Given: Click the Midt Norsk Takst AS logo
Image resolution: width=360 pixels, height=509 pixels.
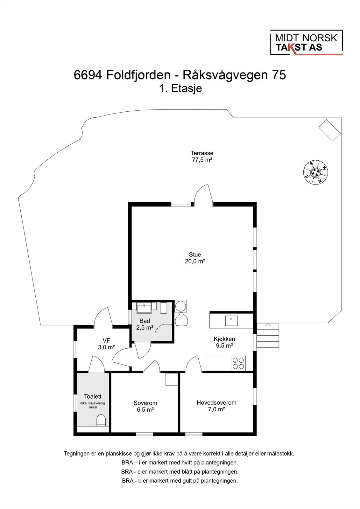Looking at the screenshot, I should [306, 43].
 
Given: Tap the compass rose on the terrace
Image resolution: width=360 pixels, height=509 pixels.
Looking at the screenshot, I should [315, 172].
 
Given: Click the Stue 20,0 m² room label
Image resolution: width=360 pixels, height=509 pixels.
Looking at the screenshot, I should [195, 258].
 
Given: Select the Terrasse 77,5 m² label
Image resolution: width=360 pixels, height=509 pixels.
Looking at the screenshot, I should [202, 156].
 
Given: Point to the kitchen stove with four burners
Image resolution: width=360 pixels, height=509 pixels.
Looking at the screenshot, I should [238, 363].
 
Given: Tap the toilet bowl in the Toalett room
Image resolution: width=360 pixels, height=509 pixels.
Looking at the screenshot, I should [101, 420].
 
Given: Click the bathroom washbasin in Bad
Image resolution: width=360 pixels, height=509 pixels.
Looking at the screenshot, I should [145, 308].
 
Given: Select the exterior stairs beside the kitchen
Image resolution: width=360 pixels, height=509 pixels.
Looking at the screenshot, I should [268, 336].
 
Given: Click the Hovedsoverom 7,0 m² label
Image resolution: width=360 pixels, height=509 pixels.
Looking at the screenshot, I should [216, 406].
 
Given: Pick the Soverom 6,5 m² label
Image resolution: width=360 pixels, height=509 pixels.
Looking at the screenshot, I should [145, 406].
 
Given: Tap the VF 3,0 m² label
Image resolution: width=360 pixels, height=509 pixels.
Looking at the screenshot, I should [106, 344].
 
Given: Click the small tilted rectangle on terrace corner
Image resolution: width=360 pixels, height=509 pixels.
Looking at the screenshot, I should [330, 129].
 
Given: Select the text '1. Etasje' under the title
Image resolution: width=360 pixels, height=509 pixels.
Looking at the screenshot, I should [180, 88].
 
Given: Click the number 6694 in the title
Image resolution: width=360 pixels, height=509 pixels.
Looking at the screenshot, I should [88, 75].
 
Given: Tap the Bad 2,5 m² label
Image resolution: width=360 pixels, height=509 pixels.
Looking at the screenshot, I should [145, 324].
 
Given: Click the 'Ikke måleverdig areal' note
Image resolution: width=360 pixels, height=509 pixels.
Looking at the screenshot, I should [93, 405].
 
